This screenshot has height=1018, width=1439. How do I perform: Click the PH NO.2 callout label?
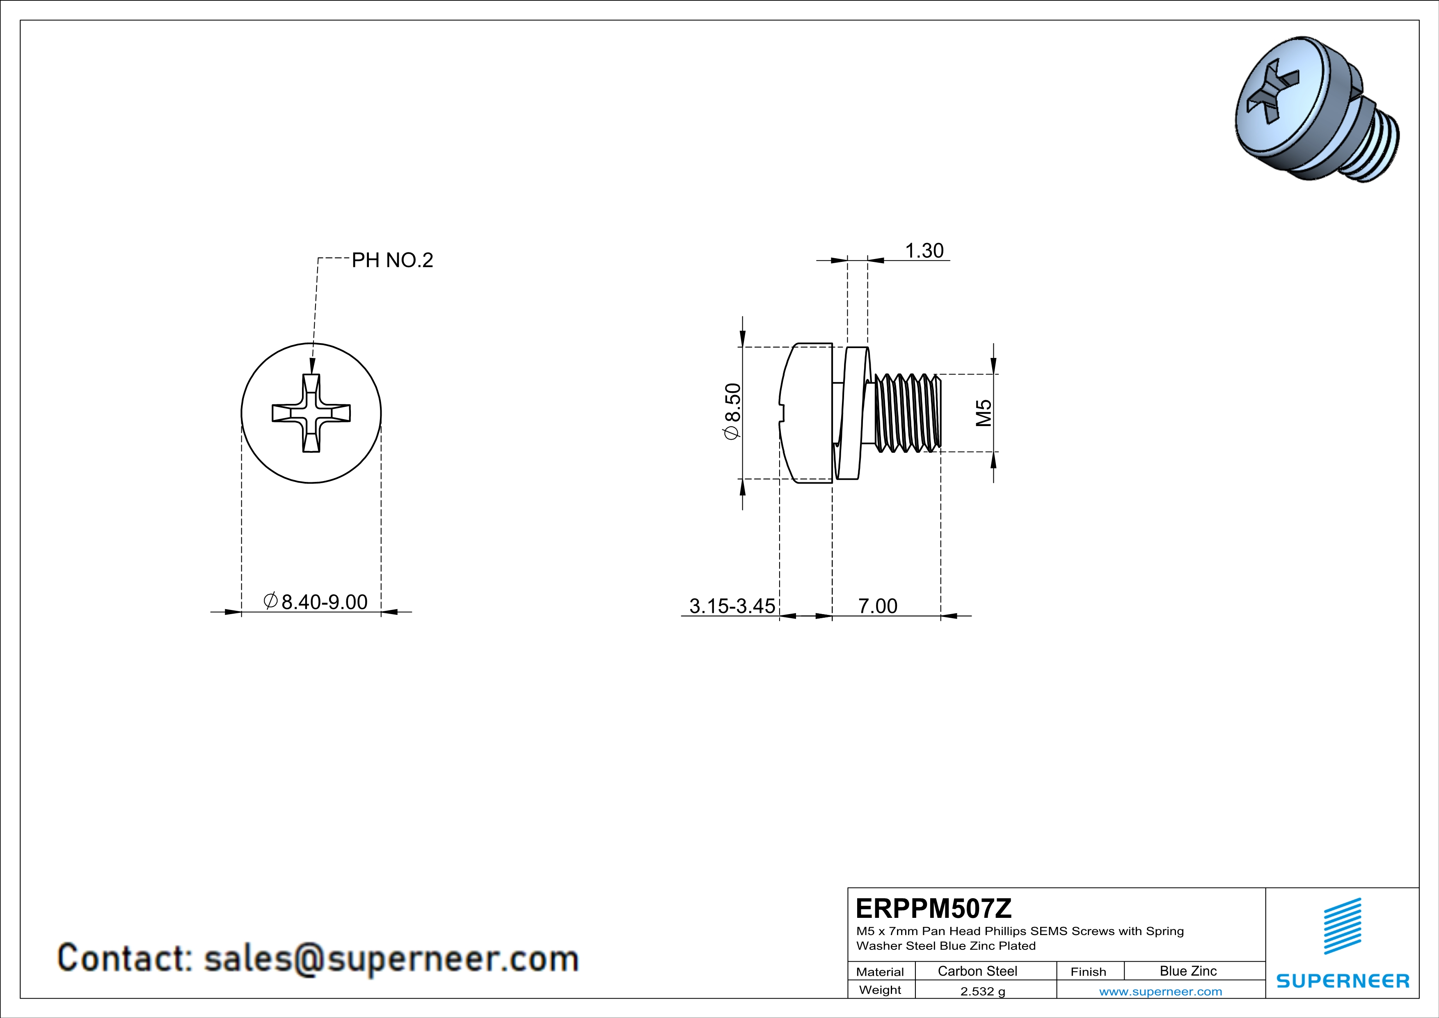click(392, 260)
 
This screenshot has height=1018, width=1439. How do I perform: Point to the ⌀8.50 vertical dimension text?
click(732, 412)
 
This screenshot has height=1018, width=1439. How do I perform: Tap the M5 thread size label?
click(984, 413)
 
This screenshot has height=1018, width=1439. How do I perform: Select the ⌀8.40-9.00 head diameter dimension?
click(315, 602)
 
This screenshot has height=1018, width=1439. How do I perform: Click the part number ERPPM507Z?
click(933, 908)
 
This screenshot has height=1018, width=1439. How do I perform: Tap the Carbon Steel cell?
click(977, 971)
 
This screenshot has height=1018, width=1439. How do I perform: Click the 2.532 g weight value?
click(982, 991)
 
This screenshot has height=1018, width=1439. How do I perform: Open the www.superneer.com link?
click(1160, 991)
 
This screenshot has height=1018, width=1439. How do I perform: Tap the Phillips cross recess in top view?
click(311, 413)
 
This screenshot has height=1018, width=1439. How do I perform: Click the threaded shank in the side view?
click(907, 413)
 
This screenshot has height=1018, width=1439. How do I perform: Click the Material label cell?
click(880, 972)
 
